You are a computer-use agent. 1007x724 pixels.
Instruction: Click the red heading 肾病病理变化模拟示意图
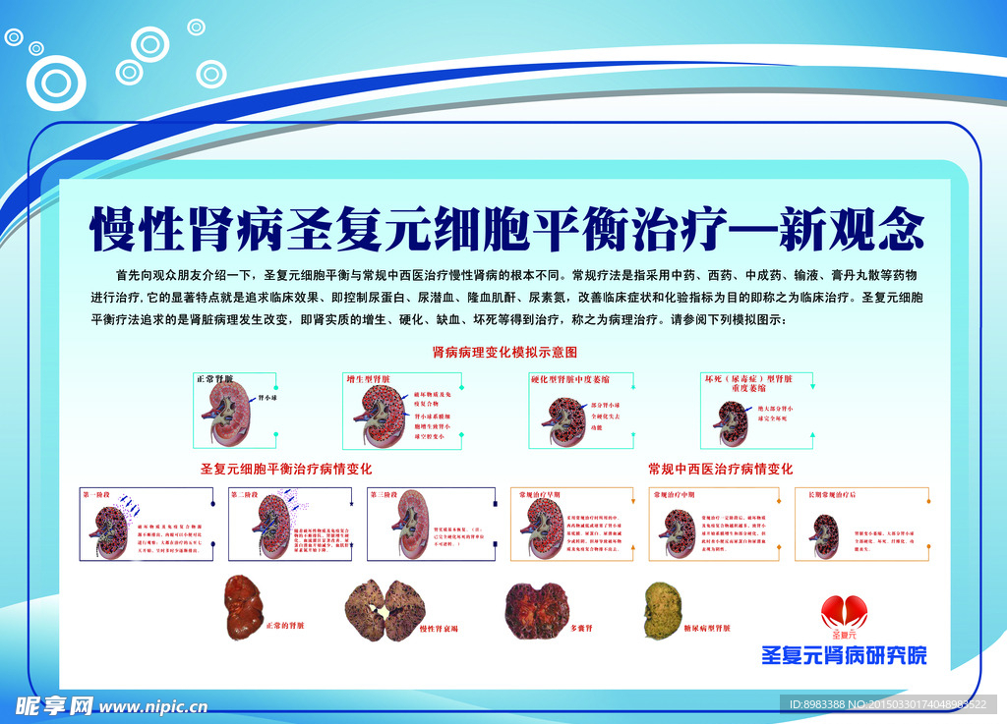coord(504,351)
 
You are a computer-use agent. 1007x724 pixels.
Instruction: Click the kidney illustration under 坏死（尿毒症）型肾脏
coord(732,420)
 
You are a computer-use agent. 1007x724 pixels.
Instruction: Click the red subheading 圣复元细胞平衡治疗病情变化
coord(285,469)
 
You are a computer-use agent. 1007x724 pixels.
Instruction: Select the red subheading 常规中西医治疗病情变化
coord(720,469)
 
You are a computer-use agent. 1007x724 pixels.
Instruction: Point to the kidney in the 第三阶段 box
coord(398,529)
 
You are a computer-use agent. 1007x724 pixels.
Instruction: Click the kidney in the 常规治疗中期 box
coord(678,530)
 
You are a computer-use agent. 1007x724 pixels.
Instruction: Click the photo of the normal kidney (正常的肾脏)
coord(242,603)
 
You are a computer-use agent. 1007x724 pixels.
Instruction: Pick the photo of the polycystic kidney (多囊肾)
coord(537,605)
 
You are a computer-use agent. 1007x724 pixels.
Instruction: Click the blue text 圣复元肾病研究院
coord(844,654)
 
